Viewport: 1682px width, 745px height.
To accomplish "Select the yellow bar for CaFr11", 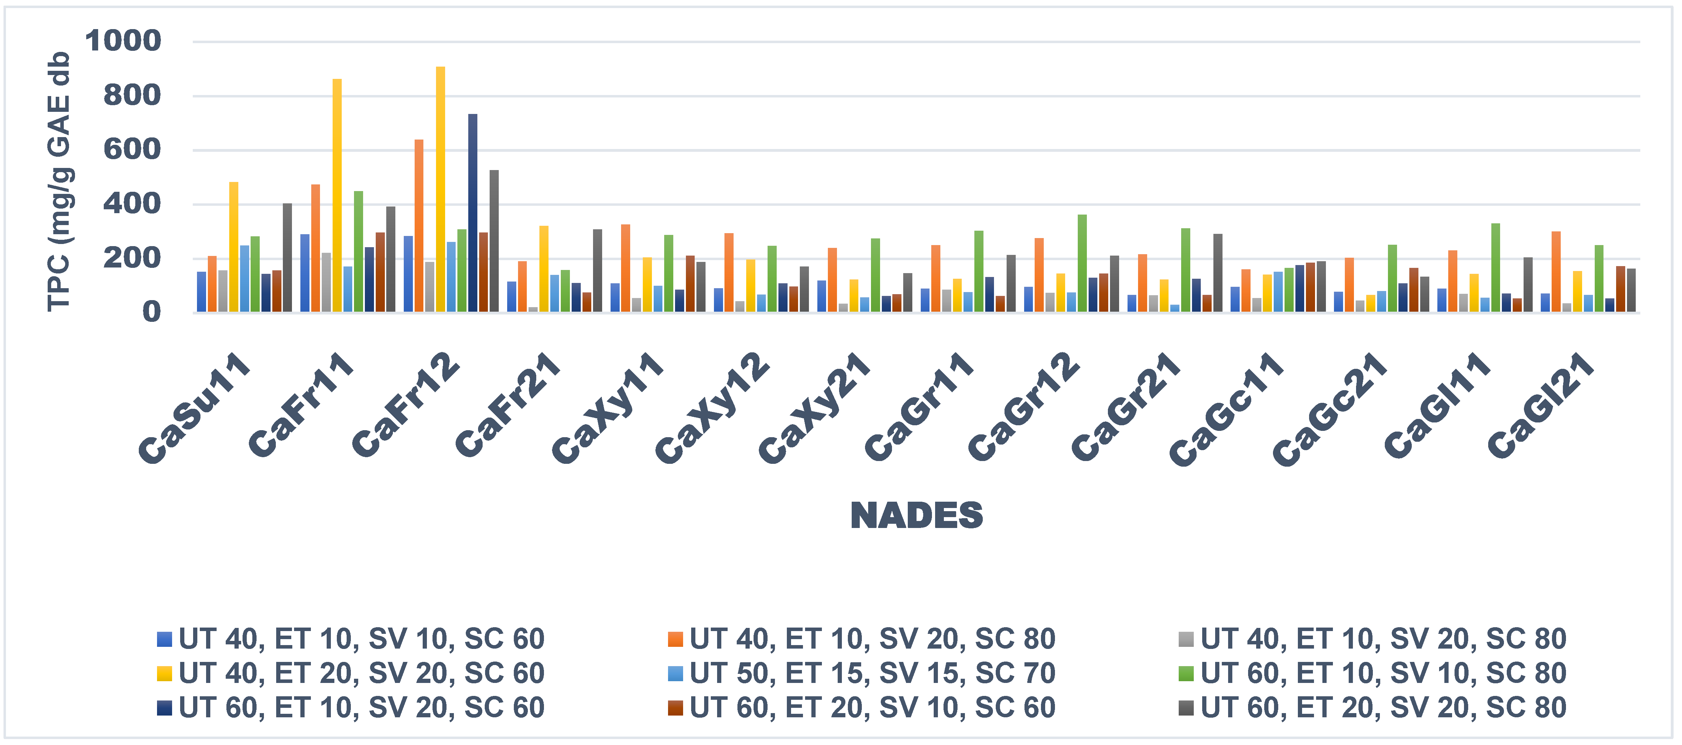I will point(337,196).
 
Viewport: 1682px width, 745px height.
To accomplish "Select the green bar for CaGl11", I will point(1495,268).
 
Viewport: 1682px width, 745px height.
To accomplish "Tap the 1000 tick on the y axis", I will point(123,41).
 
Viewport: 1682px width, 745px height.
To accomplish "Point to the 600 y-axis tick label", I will point(132,149).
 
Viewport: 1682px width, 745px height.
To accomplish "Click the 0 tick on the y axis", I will point(151,312).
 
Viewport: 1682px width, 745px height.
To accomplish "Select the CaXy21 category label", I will point(815,408).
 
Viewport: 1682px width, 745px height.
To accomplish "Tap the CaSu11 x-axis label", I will point(195,408).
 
